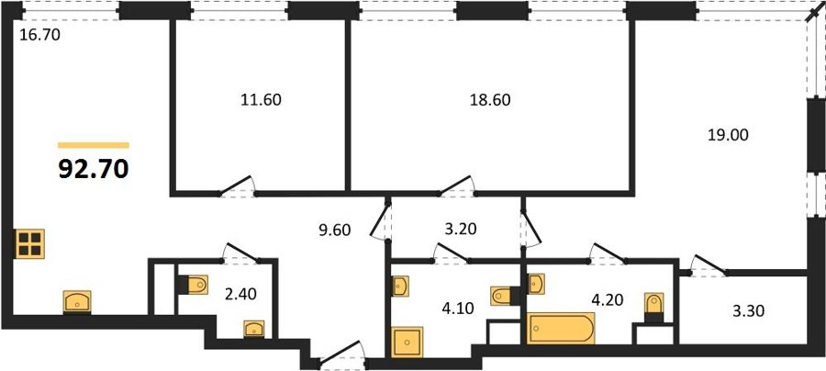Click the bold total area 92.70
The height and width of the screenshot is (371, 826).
(x=94, y=169)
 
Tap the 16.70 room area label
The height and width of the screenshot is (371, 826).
(x=39, y=35)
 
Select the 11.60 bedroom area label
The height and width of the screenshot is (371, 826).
(x=261, y=99)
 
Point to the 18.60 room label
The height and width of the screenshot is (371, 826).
(x=490, y=99)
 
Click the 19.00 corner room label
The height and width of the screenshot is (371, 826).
(x=727, y=135)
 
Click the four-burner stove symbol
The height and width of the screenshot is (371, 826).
(x=29, y=244)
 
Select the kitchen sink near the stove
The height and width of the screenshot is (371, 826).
(x=77, y=302)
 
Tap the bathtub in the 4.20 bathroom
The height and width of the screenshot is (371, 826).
(x=562, y=328)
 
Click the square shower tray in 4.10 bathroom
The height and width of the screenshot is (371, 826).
(x=407, y=343)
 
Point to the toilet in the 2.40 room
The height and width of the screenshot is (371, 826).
(x=193, y=285)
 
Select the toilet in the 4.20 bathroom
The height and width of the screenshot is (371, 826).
(x=654, y=308)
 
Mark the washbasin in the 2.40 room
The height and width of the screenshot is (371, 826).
(x=254, y=329)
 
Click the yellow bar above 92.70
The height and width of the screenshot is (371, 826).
(x=94, y=145)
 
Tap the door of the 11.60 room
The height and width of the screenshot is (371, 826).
(x=237, y=186)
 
